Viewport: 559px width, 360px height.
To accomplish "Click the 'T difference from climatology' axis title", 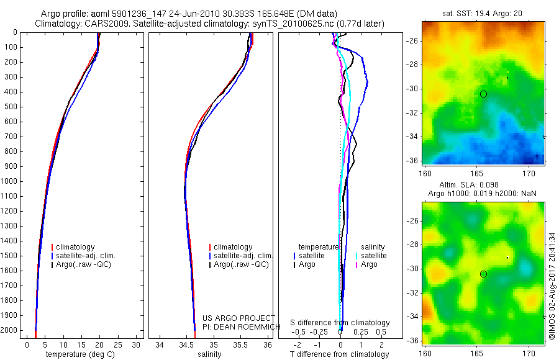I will tap(339, 354).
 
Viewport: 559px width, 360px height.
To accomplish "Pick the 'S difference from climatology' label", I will tap(340, 323).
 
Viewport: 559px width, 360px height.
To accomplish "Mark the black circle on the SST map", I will tap(483, 94).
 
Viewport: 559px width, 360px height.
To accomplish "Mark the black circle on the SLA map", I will tap(483, 274).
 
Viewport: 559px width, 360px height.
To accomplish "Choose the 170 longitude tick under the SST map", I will tap(530, 172).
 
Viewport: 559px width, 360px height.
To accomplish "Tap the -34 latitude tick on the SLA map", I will tap(413, 317).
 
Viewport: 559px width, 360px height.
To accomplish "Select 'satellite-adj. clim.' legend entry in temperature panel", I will tap(86, 256).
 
